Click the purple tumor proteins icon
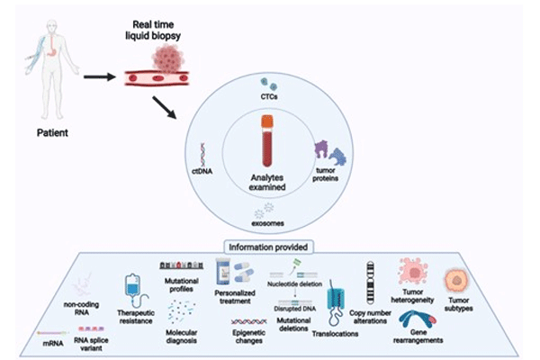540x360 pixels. point(324,150)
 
